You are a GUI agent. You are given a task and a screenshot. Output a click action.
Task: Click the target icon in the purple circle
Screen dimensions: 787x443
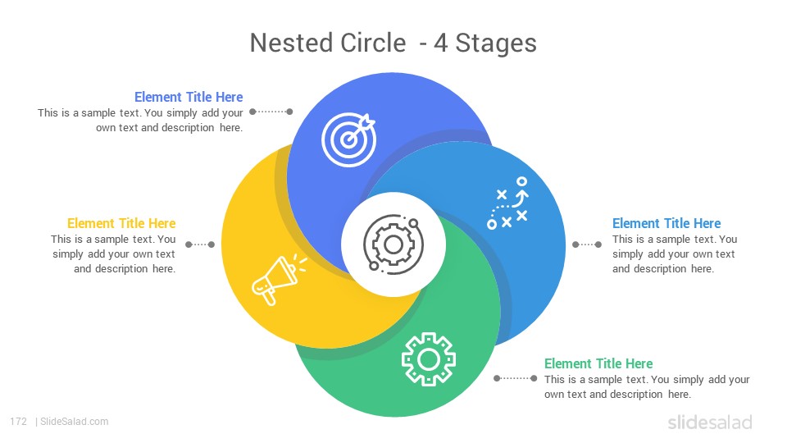click(x=348, y=140)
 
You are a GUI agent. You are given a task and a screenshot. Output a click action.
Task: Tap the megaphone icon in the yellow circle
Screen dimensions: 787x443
click(x=279, y=279)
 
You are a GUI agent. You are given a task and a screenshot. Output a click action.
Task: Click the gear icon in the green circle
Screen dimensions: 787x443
click(x=429, y=359)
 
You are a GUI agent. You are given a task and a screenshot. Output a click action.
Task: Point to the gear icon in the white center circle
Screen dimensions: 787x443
click(x=393, y=244)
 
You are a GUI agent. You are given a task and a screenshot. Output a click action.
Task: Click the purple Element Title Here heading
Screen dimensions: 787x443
click(x=189, y=97)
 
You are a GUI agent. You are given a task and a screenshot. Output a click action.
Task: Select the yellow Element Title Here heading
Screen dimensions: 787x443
click(x=121, y=223)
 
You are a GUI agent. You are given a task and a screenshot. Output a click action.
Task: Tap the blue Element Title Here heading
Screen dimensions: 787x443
click(x=666, y=223)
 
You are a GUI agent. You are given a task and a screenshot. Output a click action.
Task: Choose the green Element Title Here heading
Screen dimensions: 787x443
click(x=598, y=363)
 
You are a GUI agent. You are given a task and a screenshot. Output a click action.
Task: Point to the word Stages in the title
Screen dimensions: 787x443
click(x=496, y=43)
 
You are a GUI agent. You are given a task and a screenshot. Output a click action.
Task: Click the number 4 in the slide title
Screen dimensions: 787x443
click(x=441, y=43)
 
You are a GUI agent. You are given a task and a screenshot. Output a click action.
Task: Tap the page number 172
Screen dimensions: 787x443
click(x=19, y=422)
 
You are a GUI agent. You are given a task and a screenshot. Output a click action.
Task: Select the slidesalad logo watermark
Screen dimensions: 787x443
click(x=710, y=422)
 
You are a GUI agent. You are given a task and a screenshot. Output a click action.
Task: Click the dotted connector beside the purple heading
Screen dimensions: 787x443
click(x=271, y=112)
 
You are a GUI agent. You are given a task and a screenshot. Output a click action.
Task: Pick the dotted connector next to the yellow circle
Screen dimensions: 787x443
click(x=200, y=244)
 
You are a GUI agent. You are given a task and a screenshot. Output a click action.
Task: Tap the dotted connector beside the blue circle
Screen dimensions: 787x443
click(x=587, y=244)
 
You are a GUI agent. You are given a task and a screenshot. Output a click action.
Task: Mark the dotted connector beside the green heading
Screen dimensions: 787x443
click(x=515, y=378)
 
